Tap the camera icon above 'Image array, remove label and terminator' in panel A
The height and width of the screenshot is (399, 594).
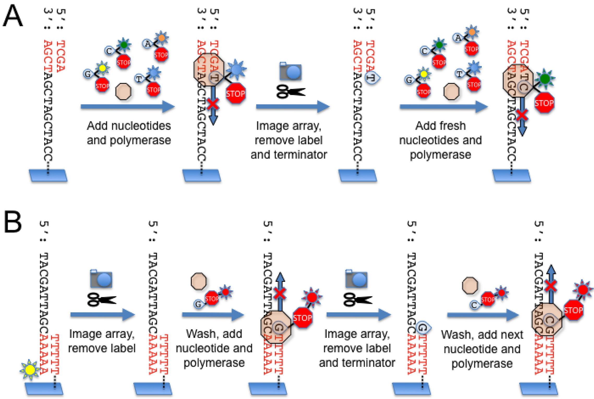click(291, 71)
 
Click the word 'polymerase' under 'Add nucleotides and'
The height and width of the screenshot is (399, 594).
click(129, 140)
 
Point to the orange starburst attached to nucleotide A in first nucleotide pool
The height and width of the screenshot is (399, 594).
click(161, 38)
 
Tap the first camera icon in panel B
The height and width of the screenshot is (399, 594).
click(101, 279)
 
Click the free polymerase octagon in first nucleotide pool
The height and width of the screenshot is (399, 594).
click(123, 92)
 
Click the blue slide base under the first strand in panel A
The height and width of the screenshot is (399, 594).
click(48, 176)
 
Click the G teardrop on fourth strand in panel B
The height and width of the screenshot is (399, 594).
click(423, 327)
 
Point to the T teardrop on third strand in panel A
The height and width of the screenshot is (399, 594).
click(372, 78)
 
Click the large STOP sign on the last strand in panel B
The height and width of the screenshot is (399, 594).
click(573, 310)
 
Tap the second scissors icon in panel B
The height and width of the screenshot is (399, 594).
click(357, 300)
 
